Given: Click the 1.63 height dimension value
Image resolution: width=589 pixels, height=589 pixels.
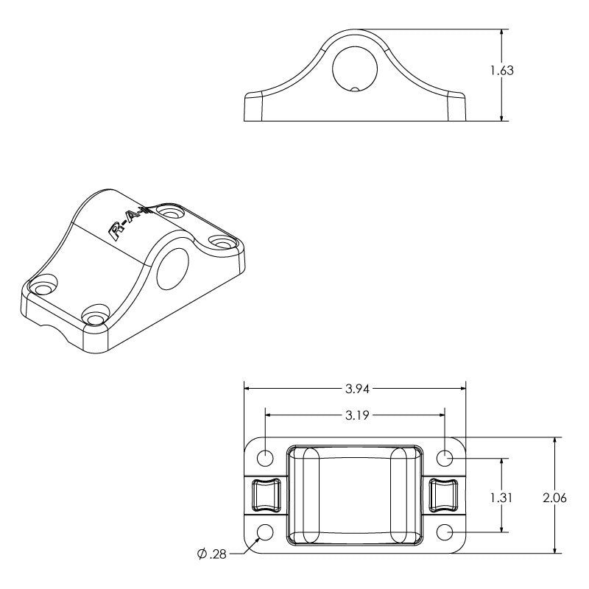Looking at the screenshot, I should pyautogui.click(x=501, y=71).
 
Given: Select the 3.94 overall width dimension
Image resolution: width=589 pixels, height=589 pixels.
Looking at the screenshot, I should pyautogui.click(x=355, y=389).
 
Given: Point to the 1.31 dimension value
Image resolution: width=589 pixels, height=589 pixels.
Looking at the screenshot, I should pyautogui.click(x=501, y=498).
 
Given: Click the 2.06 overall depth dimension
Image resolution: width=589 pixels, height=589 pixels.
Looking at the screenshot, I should pyautogui.click(x=554, y=498).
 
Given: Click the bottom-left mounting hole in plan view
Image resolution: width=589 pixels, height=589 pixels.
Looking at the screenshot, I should pyautogui.click(x=265, y=532).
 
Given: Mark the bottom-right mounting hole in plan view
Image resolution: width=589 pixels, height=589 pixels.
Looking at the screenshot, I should pyautogui.click(x=445, y=532).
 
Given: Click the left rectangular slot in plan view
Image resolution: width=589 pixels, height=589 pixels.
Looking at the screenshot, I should pyautogui.click(x=265, y=494).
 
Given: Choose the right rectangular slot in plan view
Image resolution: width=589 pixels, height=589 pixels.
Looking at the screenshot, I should pyautogui.click(x=444, y=494).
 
